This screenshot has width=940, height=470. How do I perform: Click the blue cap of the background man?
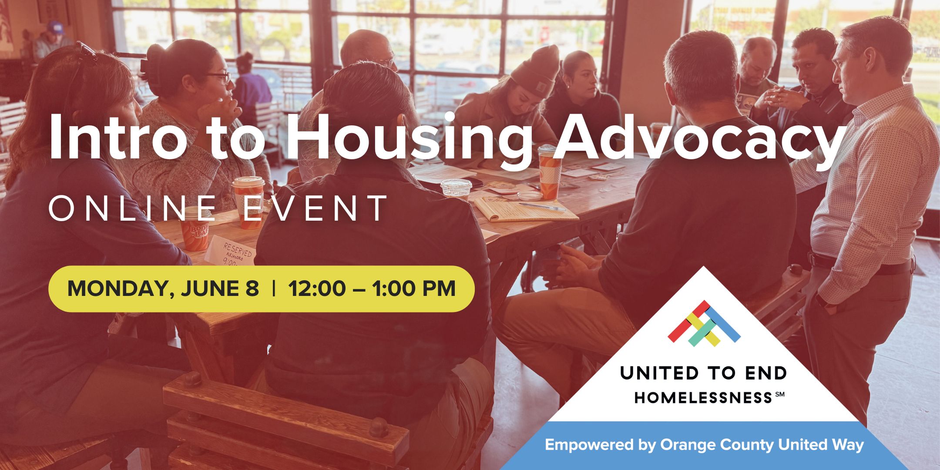(x=56, y=27)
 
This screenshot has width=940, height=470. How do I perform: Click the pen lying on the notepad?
(x=542, y=207)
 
